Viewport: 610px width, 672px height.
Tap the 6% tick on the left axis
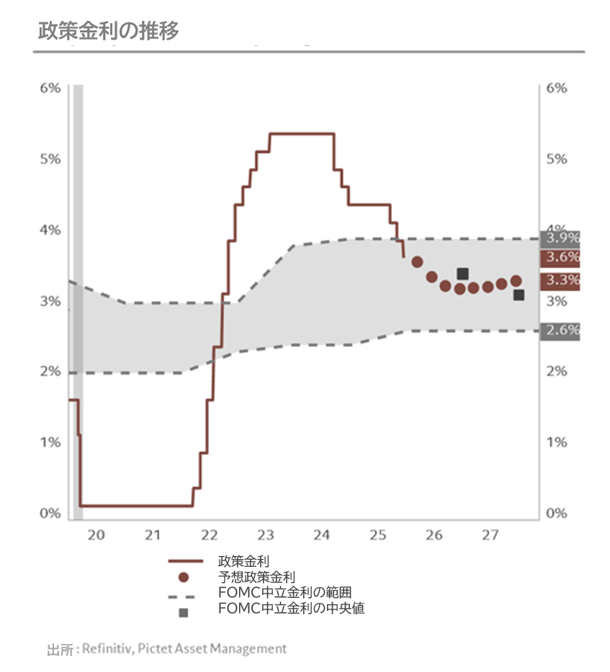click(50, 88)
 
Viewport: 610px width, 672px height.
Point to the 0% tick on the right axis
click(557, 514)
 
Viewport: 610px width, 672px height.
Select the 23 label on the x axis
click(266, 535)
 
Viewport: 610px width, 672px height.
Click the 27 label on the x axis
click(490, 535)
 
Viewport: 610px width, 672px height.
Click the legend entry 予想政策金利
click(256, 577)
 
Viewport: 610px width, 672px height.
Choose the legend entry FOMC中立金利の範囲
click(284, 593)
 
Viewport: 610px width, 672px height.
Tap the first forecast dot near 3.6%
click(417, 261)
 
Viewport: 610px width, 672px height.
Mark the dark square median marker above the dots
click(463, 274)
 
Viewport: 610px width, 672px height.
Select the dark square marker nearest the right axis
click(519, 295)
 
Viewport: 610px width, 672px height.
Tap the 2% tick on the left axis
click(50, 372)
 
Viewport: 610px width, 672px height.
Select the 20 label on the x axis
click(96, 535)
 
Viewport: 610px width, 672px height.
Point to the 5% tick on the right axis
click(557, 158)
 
